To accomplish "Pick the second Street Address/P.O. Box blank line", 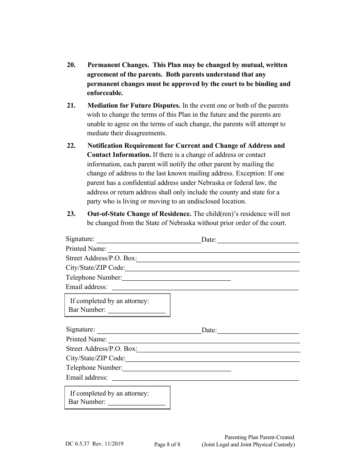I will pos(218,350).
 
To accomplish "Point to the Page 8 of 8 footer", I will pos(167,445).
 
